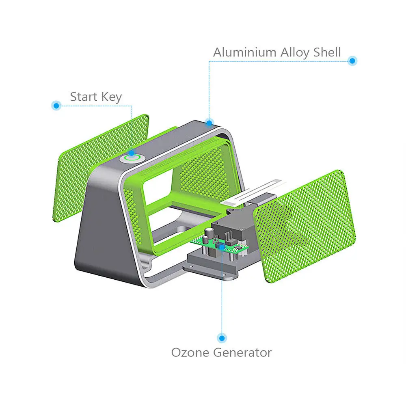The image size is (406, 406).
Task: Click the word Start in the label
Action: [x=84, y=97]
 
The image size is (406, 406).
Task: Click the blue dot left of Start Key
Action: [x=56, y=106]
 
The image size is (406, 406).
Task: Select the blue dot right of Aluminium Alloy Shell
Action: [x=352, y=61]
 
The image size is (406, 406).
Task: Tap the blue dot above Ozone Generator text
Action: [x=222, y=338]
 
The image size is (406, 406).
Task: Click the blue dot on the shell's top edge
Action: [x=209, y=122]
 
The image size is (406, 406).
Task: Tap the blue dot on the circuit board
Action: [x=221, y=245]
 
